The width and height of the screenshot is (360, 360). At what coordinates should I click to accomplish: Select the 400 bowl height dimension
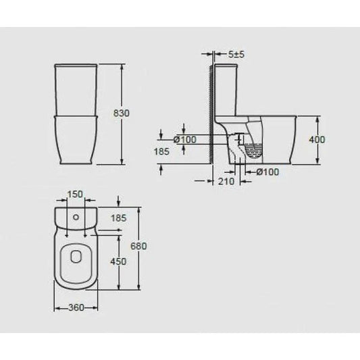click(316, 140)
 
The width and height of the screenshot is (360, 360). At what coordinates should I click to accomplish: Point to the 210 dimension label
click(227, 181)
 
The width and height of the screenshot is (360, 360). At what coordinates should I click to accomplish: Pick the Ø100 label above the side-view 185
click(184, 140)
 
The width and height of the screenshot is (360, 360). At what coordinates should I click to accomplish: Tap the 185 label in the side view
click(161, 152)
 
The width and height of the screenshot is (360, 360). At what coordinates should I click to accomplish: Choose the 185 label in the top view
click(118, 217)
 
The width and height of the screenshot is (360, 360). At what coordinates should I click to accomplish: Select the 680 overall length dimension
click(139, 247)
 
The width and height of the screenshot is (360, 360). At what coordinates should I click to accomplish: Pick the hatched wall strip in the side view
click(211, 115)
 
